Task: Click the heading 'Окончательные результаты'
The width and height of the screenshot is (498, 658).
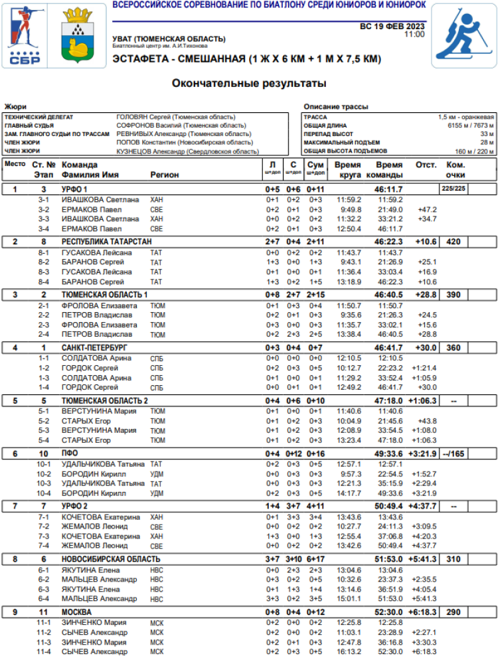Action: pos(249,84)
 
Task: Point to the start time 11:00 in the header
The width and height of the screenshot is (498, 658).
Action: pos(414,35)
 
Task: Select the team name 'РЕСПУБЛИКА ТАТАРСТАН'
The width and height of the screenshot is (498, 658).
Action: pos(107,242)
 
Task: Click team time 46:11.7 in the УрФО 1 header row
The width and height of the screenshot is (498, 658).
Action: pos(388,189)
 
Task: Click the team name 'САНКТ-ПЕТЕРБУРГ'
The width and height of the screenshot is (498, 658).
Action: pos(94,347)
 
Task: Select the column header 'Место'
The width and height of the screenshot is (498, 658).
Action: pos(15,165)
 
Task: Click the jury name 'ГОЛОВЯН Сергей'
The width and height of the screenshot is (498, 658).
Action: pos(141,117)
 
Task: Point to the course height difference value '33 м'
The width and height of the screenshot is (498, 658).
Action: pos(487,134)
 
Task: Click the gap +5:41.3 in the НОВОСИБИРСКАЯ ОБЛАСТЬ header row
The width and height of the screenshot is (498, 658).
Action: pos(423,559)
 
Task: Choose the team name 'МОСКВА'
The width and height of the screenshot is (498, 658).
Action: pos(77,612)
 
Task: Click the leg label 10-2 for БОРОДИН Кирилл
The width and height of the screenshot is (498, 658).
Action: pos(44,474)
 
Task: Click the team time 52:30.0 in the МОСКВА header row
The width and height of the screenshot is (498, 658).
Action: pos(388,612)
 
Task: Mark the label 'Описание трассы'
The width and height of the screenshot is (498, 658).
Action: pos(335,106)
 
